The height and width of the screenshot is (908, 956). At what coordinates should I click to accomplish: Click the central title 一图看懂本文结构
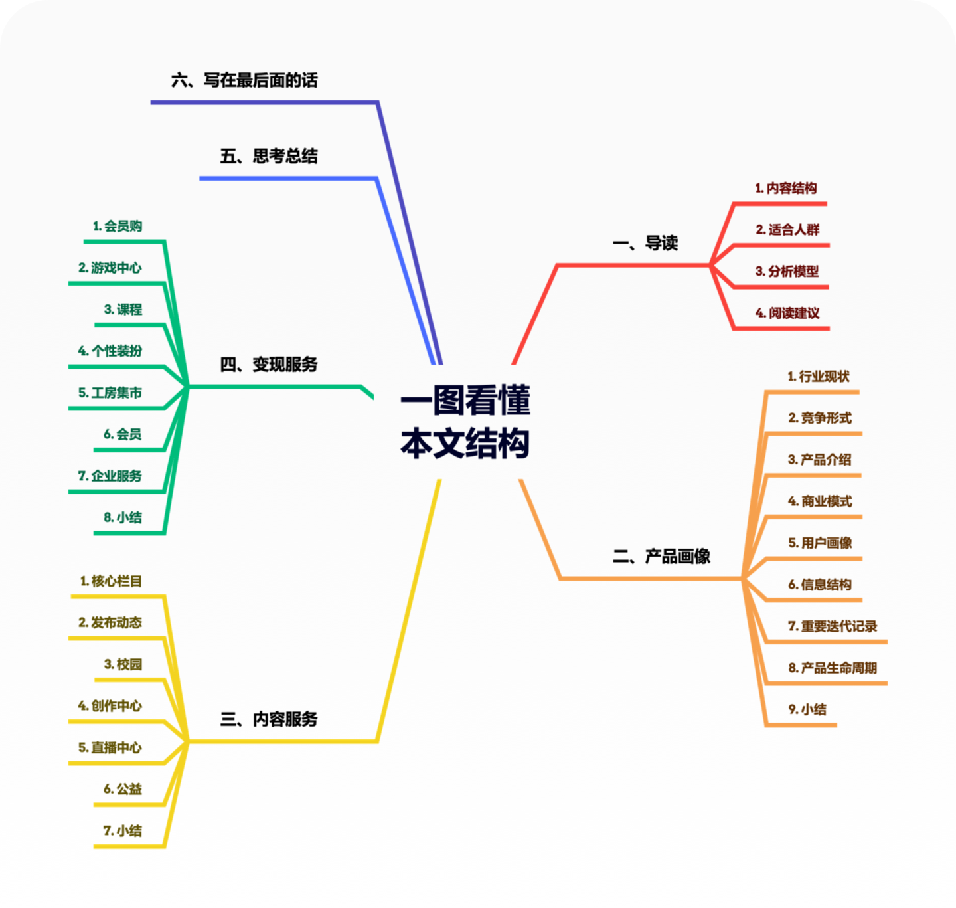pos(465,422)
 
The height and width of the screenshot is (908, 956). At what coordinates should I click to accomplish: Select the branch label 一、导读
pos(645,243)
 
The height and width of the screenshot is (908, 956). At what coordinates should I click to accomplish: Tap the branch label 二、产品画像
pos(661,556)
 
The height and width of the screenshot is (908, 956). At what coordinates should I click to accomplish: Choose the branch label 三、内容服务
pos(269,719)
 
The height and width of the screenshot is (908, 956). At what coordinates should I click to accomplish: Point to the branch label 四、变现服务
pos(269,364)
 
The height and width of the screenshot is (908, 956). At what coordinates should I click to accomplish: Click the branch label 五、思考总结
pos(269,156)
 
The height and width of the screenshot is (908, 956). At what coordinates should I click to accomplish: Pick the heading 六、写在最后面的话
pos(244,80)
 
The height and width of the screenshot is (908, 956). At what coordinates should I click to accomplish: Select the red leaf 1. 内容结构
pos(785,189)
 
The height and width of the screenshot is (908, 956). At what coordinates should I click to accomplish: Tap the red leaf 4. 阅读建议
pos(787,313)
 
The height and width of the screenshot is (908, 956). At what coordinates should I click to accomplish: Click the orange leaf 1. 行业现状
pos(819,377)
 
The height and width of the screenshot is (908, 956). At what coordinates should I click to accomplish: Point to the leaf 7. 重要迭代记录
pos(833,626)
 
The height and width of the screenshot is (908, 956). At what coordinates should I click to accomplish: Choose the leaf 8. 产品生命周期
pos(833,668)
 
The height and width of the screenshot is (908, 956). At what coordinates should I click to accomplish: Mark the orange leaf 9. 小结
pos(807,709)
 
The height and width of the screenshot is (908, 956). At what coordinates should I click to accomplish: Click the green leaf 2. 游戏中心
pos(110,268)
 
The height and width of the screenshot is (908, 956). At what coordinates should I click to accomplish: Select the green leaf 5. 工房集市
pos(110,393)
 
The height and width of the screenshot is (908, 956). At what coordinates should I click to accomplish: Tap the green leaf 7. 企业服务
pos(110,476)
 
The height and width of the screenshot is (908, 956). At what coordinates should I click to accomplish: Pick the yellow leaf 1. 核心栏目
pos(111,581)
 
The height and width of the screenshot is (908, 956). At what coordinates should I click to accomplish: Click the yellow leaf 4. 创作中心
pos(110,705)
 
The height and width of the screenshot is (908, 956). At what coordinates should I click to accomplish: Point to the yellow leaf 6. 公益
pos(123,789)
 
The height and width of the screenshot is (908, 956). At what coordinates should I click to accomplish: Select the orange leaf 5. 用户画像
pos(820,543)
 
